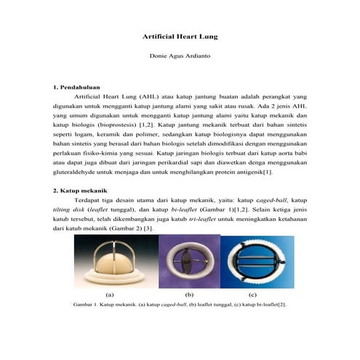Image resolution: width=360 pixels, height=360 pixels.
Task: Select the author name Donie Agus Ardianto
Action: (x=180, y=56)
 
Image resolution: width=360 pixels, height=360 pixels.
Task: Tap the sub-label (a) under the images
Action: (x=111, y=295)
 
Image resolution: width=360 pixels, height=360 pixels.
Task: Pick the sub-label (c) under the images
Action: (x=252, y=295)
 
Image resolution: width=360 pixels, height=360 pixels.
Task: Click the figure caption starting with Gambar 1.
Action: (x=180, y=305)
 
